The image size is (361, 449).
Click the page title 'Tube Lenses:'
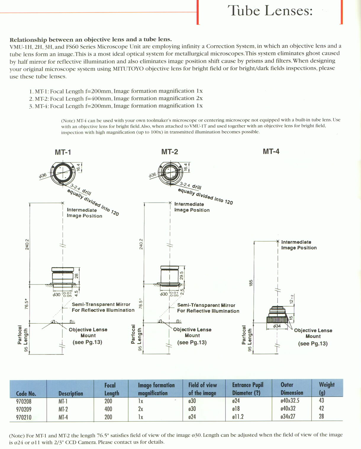[270, 11]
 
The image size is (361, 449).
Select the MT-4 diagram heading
[271, 152]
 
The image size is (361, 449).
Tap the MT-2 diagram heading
[170, 152]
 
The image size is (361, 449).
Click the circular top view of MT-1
[63, 173]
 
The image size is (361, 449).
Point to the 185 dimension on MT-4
[251, 283]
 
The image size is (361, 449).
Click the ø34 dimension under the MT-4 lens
[277, 326]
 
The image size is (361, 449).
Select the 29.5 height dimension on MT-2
[182, 275]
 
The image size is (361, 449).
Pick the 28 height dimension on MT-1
[76, 276]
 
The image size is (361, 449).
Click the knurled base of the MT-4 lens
[277, 320]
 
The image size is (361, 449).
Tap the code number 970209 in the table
[24, 409]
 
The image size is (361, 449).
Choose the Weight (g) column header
[326, 388]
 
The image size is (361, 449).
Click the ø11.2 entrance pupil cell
[238, 417]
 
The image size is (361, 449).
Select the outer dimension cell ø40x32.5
[290, 401]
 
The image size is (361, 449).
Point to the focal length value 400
[108, 409]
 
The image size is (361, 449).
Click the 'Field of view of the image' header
[202, 389]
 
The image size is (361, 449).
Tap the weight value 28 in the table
[321, 417]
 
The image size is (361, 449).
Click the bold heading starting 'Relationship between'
[91, 40]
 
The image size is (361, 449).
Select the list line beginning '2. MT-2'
[116, 99]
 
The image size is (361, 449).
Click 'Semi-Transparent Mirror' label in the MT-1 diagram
[101, 305]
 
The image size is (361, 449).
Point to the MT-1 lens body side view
[62, 276]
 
